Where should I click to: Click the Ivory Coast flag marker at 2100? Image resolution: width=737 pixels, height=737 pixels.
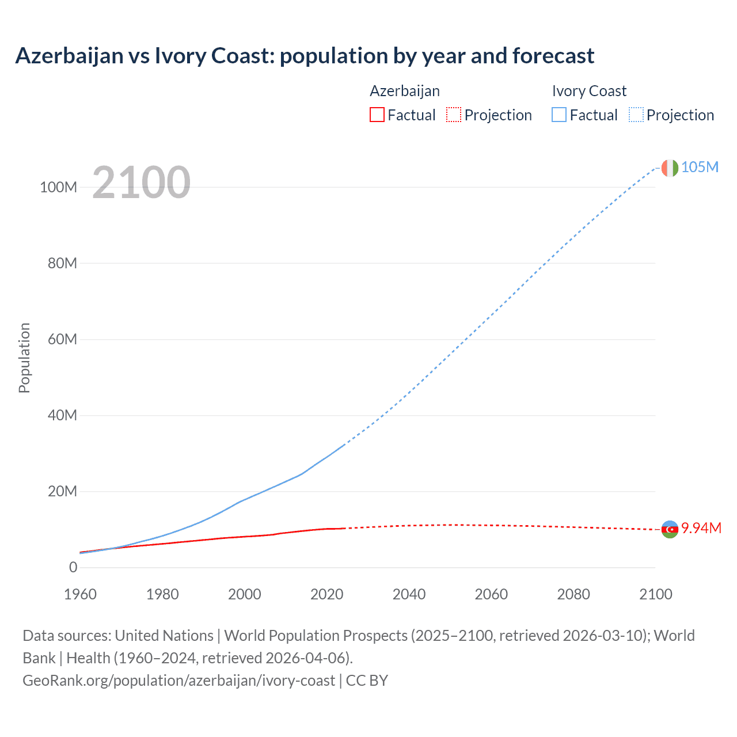[669, 168]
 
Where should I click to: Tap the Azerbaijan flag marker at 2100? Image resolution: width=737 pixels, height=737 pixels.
[670, 529]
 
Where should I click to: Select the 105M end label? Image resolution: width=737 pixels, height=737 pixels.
[700, 167]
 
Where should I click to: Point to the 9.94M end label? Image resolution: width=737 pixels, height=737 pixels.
[701, 528]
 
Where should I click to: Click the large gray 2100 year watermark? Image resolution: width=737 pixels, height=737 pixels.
[141, 183]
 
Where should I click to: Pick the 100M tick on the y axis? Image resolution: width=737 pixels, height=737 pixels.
[58, 187]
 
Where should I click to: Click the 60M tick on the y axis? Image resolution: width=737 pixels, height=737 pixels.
[62, 339]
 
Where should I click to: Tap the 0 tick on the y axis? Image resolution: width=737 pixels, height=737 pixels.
[73, 567]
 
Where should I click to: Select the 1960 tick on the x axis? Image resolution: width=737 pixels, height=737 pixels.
[80, 594]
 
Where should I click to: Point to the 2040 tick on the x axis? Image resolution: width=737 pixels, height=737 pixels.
[409, 594]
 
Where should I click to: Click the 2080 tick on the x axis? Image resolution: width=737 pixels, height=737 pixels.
[573, 594]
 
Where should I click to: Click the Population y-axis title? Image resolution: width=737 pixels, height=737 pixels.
[24, 358]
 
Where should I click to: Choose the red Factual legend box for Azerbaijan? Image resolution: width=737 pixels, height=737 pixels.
[377, 115]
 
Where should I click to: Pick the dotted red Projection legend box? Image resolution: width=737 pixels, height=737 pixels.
[454, 115]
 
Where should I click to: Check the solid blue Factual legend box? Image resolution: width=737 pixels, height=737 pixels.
[559, 115]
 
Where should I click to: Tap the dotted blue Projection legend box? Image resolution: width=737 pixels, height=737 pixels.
[636, 115]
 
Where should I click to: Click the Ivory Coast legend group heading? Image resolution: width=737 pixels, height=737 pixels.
[588, 91]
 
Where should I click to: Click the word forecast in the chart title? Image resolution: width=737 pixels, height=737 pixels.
[553, 56]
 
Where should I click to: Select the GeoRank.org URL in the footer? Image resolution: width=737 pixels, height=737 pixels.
[178, 681]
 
